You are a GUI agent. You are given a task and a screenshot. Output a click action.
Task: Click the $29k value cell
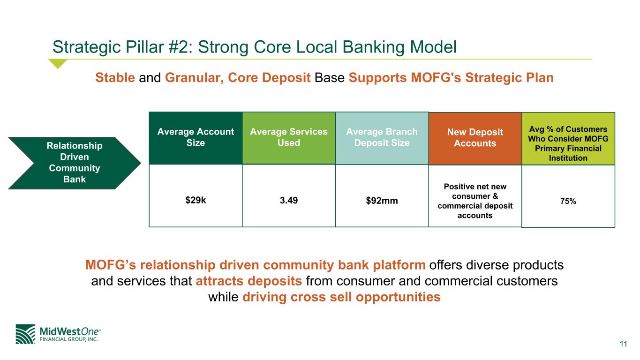pyautogui.click(x=196, y=200)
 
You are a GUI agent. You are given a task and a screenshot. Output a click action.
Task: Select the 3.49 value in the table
pyautogui.click(x=288, y=200)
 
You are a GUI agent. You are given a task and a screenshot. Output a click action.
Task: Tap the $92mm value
pyautogui.click(x=382, y=201)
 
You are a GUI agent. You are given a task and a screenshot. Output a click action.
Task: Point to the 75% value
pyautogui.click(x=568, y=202)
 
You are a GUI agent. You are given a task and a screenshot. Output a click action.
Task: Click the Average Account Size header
pyautogui.click(x=196, y=137)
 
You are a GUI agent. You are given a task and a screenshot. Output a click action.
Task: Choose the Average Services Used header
pyautogui.click(x=288, y=137)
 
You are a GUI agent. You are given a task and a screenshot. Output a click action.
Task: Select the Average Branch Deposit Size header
pyautogui.click(x=382, y=137)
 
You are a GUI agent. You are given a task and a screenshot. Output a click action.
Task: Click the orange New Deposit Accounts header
pyautogui.click(x=475, y=138)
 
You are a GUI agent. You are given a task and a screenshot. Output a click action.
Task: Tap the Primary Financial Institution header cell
pyautogui.click(x=568, y=138)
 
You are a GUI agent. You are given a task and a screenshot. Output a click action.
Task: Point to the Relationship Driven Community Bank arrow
pyautogui.click(x=74, y=163)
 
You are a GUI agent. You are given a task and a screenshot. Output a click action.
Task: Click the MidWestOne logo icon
pyautogui.click(x=25, y=334)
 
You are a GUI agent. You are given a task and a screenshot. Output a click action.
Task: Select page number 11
pyautogui.click(x=623, y=344)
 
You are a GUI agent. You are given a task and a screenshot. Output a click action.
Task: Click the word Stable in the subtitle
pyautogui.click(x=115, y=78)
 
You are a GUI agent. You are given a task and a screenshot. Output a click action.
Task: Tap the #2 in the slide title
pyautogui.click(x=178, y=47)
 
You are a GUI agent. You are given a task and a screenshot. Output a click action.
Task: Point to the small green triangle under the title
pyautogui.click(x=58, y=63)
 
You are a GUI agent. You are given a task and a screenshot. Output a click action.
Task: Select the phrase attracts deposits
pyautogui.click(x=248, y=281)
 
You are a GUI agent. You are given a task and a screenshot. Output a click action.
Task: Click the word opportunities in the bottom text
pyautogui.click(x=398, y=297)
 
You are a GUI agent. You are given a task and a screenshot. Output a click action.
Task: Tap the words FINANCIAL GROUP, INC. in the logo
pyautogui.click(x=68, y=339)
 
